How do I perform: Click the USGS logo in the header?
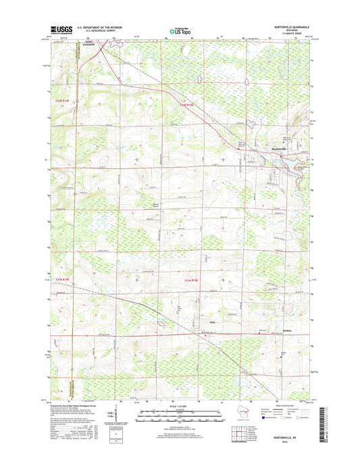[x=59, y=30]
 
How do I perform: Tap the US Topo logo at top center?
[x=178, y=30]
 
